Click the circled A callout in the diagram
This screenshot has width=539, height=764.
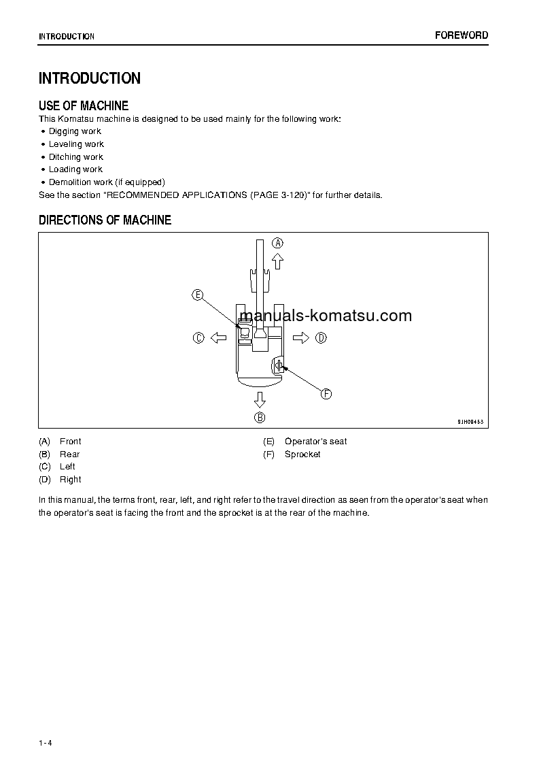coord(277,243)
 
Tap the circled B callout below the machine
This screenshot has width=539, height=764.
coord(260,417)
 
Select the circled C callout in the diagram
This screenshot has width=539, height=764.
coord(198,337)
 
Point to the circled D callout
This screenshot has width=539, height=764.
coord(321,337)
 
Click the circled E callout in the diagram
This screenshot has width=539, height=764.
coord(197,295)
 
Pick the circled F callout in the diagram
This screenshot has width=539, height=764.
coord(326,394)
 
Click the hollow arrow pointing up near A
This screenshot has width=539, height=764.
coord(277,261)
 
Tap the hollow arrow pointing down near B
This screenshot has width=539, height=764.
coord(260,399)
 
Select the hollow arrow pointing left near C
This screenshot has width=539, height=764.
coord(218,337)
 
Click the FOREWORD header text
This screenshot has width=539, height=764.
coord(462,35)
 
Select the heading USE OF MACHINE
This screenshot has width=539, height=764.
coord(84,105)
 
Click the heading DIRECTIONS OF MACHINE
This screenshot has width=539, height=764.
coord(105,220)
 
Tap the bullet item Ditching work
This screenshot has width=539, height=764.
coord(76,157)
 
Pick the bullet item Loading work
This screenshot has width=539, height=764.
coord(75,169)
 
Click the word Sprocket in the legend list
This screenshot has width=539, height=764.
coord(302,454)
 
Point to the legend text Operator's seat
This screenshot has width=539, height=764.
coord(315,442)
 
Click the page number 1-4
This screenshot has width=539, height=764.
coord(46,743)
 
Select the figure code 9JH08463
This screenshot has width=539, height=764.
coord(470,422)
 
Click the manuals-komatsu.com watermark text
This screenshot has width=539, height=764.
coord(326,316)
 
